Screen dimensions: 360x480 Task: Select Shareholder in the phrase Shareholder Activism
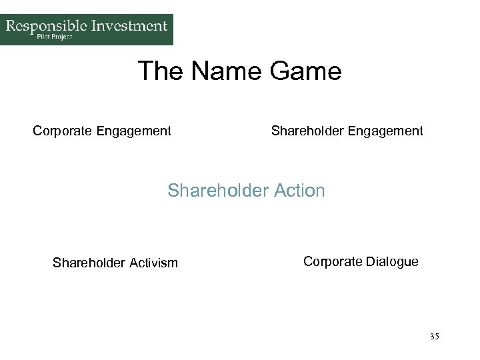pyautogui.click(x=87, y=263)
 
